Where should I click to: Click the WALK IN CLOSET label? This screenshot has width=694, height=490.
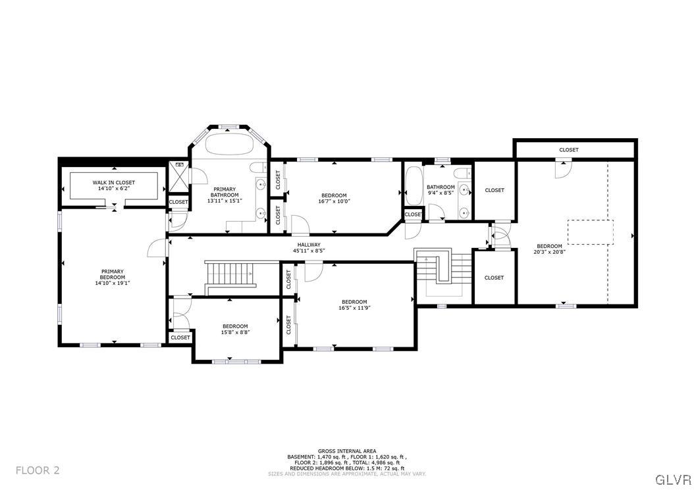pos(113,182)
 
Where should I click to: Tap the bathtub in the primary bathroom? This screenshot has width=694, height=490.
pos(228,143)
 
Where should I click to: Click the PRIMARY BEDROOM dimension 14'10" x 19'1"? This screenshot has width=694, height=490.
pos(112,283)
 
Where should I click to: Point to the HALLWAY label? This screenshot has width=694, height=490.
pos(307,245)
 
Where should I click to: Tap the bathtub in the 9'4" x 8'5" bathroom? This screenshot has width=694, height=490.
pos(413,187)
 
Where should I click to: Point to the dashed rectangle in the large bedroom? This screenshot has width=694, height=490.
pos(591,232)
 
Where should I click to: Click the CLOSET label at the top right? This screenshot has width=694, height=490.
pos(569,150)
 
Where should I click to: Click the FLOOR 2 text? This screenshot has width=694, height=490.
pos(38,470)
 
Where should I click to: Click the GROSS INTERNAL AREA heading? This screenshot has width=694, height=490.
pos(346,451)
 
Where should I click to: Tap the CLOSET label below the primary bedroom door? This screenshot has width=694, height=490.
pos(180,337)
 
